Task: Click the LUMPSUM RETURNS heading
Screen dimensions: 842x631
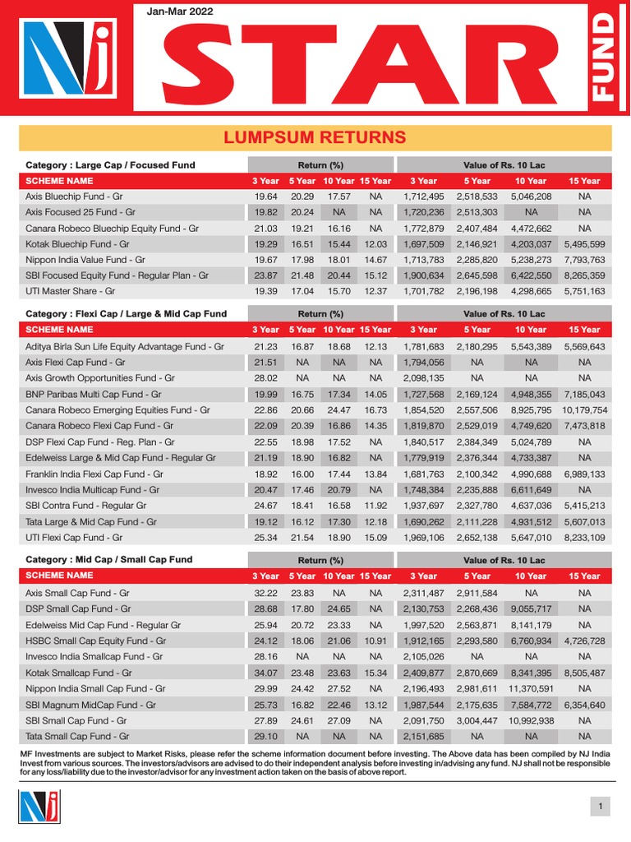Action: (315, 137)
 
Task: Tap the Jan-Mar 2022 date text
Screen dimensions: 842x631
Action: (181, 12)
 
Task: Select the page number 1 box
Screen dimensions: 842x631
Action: (601, 807)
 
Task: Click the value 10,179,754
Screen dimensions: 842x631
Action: (584, 409)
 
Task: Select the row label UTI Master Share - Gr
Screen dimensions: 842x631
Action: (71, 291)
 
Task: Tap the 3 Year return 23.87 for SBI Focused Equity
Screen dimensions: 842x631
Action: (266, 275)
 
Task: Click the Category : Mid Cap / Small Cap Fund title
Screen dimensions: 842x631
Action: (109, 559)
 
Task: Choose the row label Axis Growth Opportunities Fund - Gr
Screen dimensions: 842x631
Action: (100, 378)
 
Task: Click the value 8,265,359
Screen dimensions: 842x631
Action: (584, 275)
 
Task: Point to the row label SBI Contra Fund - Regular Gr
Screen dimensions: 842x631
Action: (86, 505)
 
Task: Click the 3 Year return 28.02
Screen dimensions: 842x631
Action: (266, 378)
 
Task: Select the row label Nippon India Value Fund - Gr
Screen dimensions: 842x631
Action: (84, 260)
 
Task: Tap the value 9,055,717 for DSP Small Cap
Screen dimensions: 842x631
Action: (530, 609)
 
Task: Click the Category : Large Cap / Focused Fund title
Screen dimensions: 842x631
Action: (111, 164)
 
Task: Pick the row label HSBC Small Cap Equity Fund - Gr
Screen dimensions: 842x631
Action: (96, 641)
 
